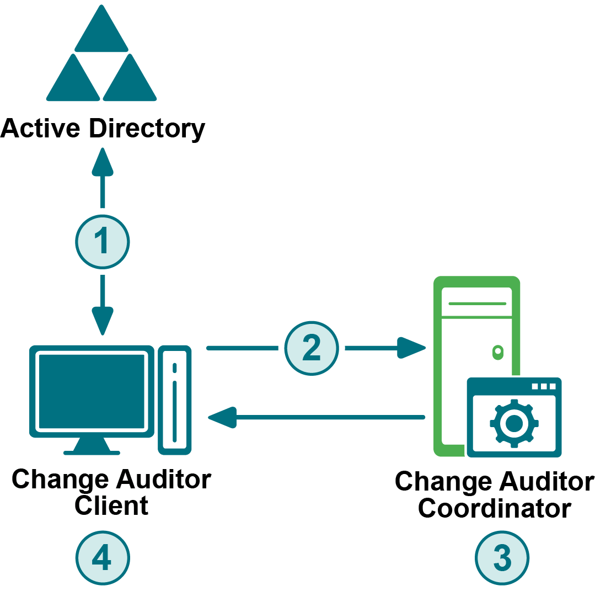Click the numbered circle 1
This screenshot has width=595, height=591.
point(102,242)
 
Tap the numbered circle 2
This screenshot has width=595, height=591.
point(312,348)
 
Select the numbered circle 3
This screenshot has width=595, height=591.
point(502,558)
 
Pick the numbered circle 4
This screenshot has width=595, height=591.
point(102,558)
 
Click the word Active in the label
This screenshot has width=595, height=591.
point(40,129)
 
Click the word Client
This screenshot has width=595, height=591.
point(111,505)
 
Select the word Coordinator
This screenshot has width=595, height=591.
point(494,508)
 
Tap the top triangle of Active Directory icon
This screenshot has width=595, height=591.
point(102,30)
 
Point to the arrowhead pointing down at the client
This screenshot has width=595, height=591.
point(102,321)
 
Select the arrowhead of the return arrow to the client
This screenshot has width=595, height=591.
point(222,417)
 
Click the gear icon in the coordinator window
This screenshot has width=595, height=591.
point(514,423)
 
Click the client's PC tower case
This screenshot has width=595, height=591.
point(175,400)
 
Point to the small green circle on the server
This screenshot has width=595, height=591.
point(497,351)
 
